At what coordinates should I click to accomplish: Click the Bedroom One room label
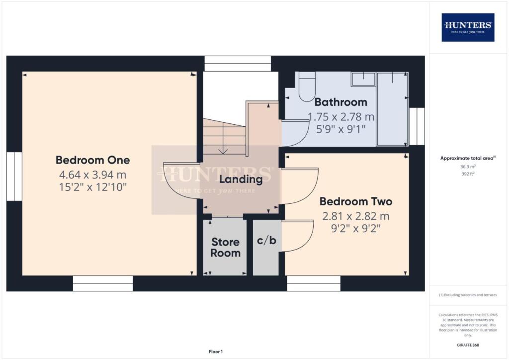point(92,160)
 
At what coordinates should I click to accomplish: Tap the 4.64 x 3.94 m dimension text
point(92,175)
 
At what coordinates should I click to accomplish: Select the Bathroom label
point(340,102)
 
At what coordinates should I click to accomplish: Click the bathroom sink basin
point(363,79)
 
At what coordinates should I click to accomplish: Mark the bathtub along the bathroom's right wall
point(392,109)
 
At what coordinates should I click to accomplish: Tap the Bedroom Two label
point(355,201)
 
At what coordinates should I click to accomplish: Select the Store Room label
point(225,247)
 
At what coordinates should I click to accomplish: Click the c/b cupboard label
point(266,241)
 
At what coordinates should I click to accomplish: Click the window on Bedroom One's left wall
point(14,176)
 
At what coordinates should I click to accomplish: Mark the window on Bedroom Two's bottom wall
point(313,283)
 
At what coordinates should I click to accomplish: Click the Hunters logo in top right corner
point(468,27)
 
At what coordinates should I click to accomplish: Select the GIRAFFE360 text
point(468,345)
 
